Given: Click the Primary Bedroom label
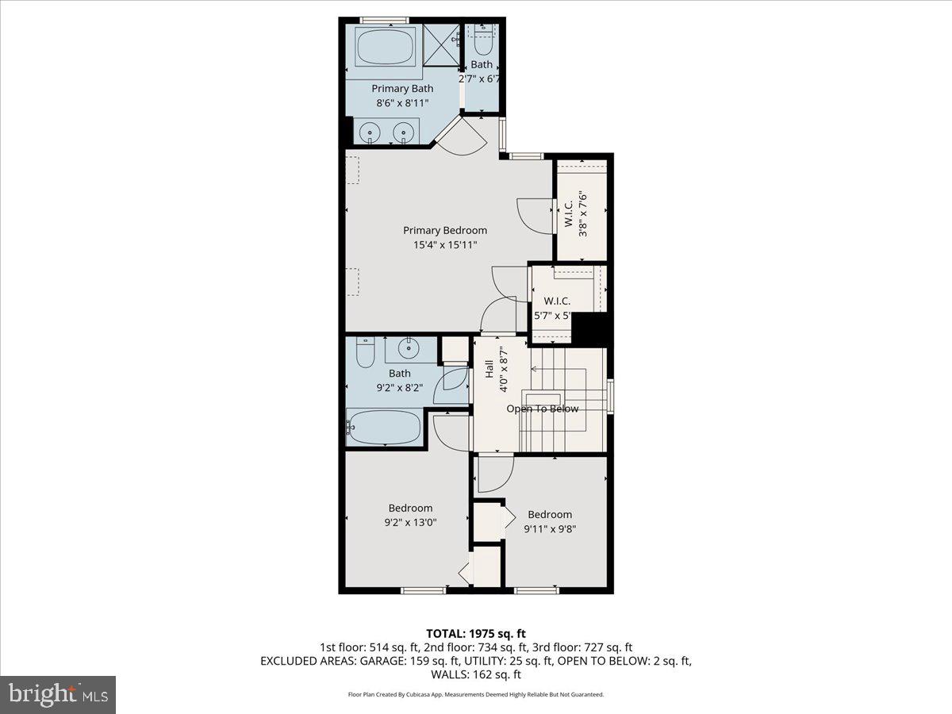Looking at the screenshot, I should point(445,231).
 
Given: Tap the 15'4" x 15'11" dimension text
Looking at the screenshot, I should point(445,245).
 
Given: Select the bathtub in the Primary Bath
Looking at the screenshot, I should point(385,48).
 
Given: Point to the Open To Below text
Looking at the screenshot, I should point(543,409).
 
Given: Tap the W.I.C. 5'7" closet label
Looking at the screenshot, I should point(557,301).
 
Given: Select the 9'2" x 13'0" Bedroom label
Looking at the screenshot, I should point(410,509).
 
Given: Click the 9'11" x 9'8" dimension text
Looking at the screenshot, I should point(550,528).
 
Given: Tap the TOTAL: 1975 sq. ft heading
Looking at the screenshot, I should point(476,633).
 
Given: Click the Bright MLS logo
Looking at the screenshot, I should point(58,695).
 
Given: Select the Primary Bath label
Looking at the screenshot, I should point(403,89).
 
